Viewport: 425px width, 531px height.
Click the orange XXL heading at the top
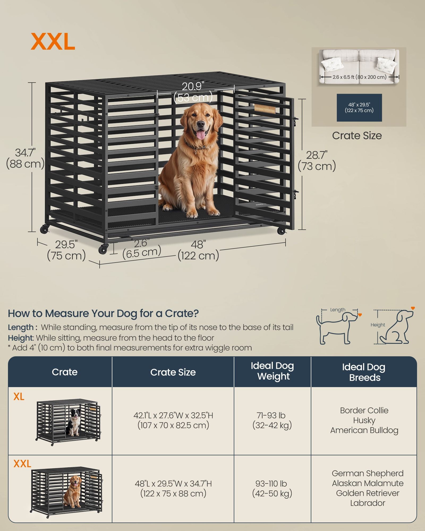click(x=53, y=42)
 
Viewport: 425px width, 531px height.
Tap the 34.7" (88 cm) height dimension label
click(x=25, y=158)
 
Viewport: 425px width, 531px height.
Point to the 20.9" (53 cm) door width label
click(x=193, y=92)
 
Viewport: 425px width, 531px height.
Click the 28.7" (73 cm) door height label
click(x=317, y=161)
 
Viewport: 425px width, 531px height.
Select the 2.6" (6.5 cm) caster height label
click(x=142, y=248)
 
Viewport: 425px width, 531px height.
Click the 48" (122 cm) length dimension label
click(x=198, y=250)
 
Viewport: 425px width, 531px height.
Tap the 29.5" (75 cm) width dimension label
click(x=66, y=250)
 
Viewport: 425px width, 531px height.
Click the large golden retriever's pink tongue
click(x=201, y=135)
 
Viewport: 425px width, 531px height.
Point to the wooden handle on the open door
click(x=265, y=108)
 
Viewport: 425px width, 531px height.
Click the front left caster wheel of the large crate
click(x=103, y=249)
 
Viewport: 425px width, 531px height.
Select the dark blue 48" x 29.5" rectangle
click(x=359, y=108)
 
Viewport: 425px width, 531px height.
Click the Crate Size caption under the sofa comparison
click(x=357, y=136)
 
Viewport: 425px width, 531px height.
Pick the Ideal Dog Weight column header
click(x=272, y=371)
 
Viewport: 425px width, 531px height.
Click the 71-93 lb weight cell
click(x=272, y=420)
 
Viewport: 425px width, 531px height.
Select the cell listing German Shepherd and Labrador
click(x=368, y=488)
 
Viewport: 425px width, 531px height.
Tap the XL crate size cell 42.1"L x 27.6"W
click(x=173, y=420)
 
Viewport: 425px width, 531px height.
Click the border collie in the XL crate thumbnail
click(x=74, y=422)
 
